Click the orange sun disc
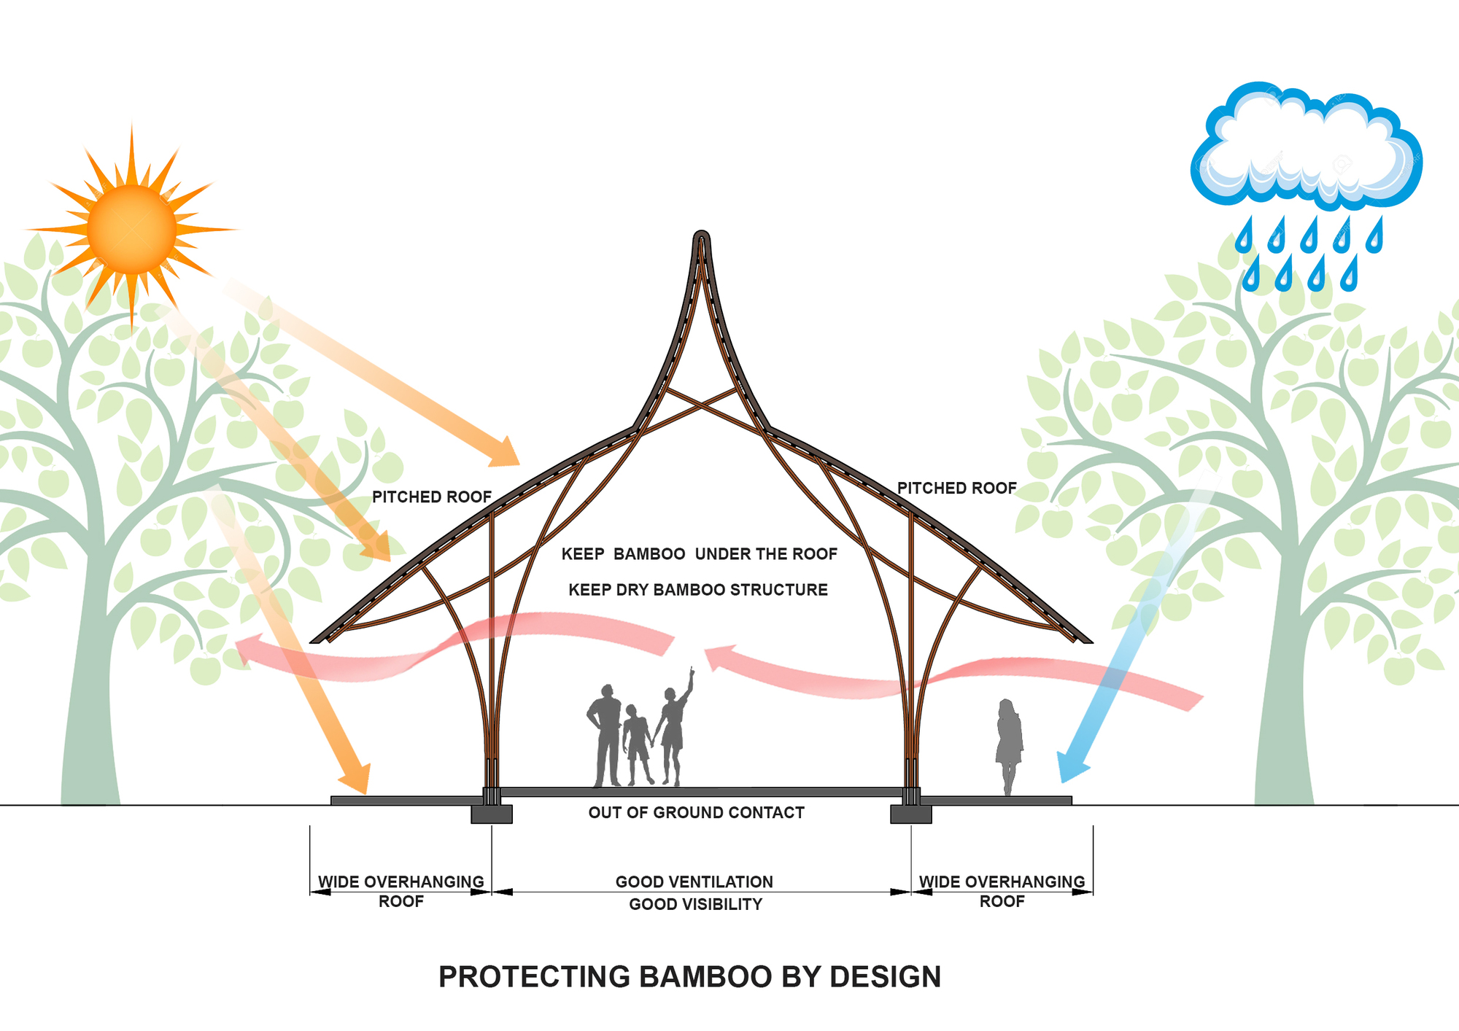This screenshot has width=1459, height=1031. [x=132, y=229]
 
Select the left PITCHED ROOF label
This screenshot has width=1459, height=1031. [x=432, y=497]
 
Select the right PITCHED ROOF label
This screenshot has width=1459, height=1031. [x=956, y=489]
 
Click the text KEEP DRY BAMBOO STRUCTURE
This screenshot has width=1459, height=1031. [x=698, y=590]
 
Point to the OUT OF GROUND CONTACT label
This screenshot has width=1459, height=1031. [x=696, y=813]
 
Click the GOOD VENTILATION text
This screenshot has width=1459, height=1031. [x=694, y=882]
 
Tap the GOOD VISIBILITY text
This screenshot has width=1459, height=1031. [x=695, y=905]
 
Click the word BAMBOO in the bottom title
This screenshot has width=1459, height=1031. [x=706, y=977]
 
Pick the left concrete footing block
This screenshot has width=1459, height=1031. [x=492, y=814]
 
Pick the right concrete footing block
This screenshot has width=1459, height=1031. [x=910, y=814]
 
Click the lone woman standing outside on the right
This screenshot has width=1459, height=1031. [x=1009, y=744]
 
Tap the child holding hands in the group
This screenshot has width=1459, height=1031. [x=637, y=744]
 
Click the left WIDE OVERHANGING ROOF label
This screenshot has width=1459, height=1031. [x=400, y=891]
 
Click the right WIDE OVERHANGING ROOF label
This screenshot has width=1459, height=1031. [x=1002, y=891]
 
